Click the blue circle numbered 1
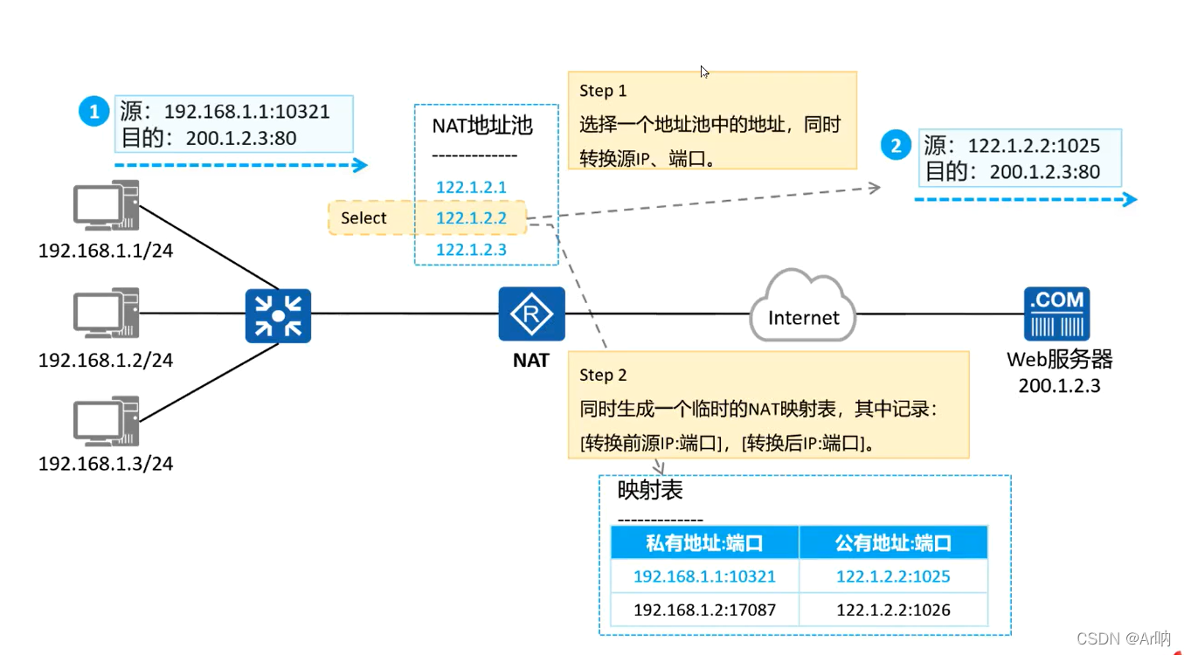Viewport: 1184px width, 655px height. [x=93, y=112]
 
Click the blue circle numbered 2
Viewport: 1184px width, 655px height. [x=895, y=146]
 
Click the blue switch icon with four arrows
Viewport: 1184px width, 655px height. [x=278, y=314]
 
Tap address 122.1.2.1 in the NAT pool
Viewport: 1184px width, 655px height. [x=471, y=187]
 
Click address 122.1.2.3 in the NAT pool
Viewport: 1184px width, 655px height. [x=471, y=250]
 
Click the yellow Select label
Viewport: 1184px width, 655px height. [x=364, y=218]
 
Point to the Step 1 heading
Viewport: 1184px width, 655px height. [x=603, y=91]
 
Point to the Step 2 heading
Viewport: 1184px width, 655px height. [x=603, y=376]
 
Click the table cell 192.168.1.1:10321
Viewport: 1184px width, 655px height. [x=704, y=576]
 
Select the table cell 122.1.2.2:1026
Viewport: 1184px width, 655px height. [x=893, y=610]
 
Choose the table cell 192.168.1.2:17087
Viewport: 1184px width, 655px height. [x=704, y=610]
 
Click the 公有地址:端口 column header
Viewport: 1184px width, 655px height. [x=893, y=543]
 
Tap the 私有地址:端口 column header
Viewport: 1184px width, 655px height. [x=704, y=543]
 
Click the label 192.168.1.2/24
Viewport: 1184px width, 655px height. [x=106, y=360]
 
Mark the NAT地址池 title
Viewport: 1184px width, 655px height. [x=482, y=126]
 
